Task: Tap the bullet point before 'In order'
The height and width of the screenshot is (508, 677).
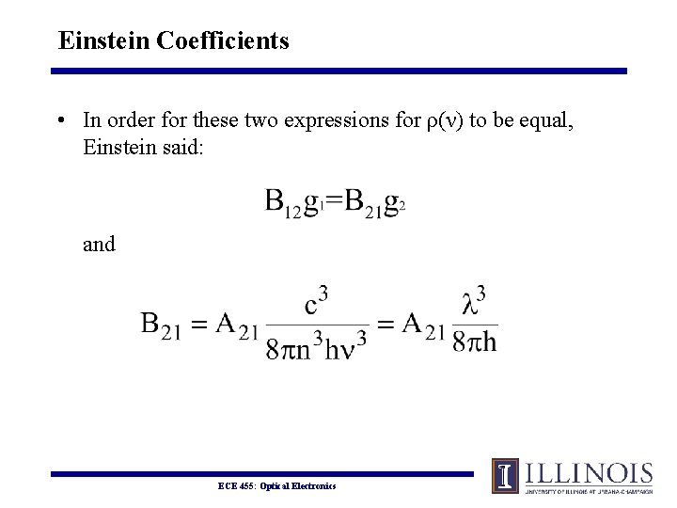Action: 60,120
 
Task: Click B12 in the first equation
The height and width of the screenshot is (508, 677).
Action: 282,203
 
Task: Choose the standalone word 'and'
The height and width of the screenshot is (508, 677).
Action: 99,245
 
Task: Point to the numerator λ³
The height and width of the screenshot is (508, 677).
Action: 474,304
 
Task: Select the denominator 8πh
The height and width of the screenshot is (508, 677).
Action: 474,341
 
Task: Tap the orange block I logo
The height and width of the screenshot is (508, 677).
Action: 505,475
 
